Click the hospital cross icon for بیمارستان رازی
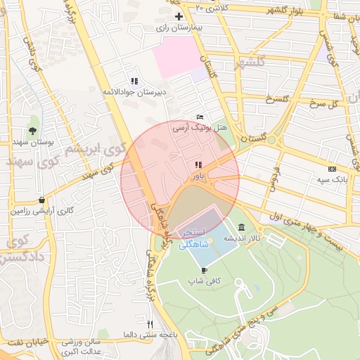(x=179, y=16)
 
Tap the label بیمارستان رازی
(x=179, y=28)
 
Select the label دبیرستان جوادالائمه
(x=134, y=92)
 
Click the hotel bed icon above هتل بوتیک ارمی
(x=200, y=117)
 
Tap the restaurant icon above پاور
(x=196, y=165)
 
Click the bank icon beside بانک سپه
(x=332, y=169)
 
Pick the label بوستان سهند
(x=33, y=142)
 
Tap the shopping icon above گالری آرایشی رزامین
(x=43, y=200)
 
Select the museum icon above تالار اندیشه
(x=242, y=227)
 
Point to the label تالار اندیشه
(x=240, y=238)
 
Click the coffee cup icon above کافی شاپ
(x=204, y=269)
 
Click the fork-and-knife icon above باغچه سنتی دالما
(x=149, y=323)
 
